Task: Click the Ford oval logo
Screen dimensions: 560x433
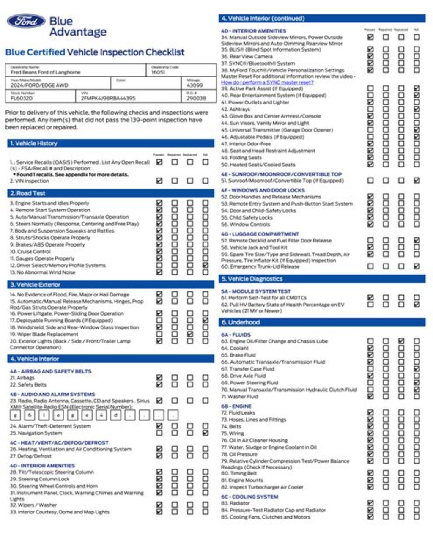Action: [26, 21]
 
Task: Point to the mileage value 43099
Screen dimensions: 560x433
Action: [195, 85]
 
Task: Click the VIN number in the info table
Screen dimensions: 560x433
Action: [108, 98]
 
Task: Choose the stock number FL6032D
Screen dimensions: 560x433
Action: [22, 98]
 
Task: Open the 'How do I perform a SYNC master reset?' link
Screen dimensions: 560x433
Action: [267, 82]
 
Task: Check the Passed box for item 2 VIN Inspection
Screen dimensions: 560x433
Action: [159, 181]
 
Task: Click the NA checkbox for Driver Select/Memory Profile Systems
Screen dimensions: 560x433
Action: [205, 265]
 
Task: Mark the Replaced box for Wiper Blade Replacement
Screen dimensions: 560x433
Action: [190, 334]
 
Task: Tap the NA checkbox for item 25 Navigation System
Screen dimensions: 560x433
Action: [205, 433]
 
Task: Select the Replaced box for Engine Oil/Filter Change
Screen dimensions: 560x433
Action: [401, 341]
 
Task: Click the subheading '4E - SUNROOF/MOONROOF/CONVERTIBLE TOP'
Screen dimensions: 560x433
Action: [281, 174]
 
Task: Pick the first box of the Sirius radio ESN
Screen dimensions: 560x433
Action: [15, 415]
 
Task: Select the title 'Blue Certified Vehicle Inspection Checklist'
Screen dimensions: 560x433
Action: [95, 52]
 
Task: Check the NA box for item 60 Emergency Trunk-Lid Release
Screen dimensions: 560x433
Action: [417, 266]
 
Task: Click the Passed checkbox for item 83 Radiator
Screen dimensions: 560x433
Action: [370, 503]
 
